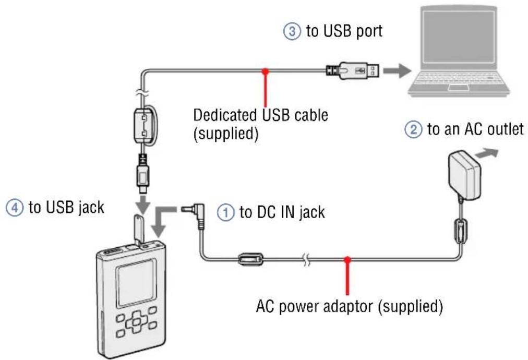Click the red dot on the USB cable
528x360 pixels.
click(x=267, y=70)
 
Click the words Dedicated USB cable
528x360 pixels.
click(x=260, y=115)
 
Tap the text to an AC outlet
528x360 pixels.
click(x=475, y=129)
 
